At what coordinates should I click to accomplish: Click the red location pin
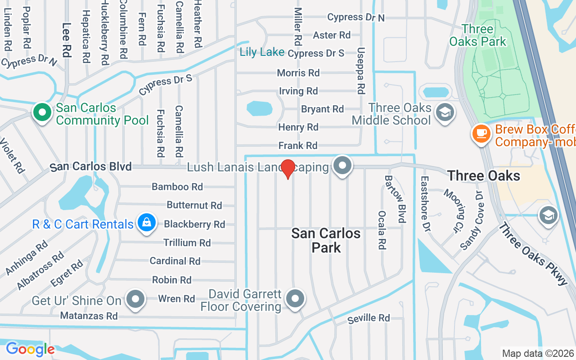pos(288,169)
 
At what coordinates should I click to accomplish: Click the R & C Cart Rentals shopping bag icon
pos(146,223)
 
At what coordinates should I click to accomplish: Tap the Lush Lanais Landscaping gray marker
pos(342,165)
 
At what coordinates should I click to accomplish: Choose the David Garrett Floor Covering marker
pos(295,298)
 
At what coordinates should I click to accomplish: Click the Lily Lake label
pos(262,52)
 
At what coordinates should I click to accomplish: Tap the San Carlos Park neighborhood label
pos(326,240)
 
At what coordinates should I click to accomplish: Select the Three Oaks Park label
pos(477,36)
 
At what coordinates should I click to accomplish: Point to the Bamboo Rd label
pos(177,187)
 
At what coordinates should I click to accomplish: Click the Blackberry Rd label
pos(194,224)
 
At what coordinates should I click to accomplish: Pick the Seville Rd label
pos(369,319)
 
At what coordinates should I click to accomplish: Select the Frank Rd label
pos(298,146)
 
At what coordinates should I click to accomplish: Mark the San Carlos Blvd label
pos(91,167)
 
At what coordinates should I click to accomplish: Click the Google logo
pos(30,349)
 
